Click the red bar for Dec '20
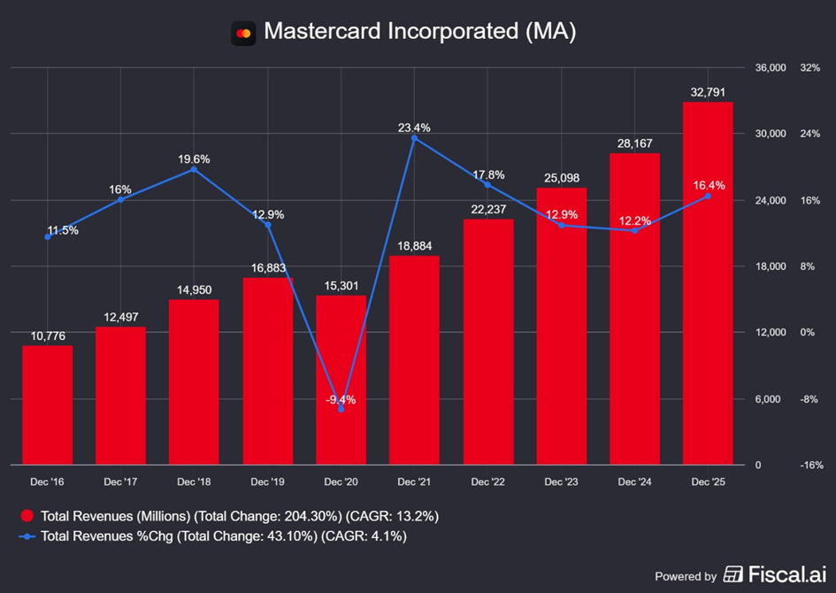[341, 381]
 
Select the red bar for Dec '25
[708, 283]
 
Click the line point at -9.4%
[341, 409]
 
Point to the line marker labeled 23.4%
[414, 138]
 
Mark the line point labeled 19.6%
[195, 169]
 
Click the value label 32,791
[708, 91]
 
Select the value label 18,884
[414, 245]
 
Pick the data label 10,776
[48, 335]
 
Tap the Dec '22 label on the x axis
[487, 482]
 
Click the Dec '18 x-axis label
[195, 482]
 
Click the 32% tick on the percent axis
[809, 68]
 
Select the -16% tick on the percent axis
[810, 466]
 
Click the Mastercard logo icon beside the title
[243, 33]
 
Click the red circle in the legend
[27, 516]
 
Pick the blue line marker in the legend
[27, 536]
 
